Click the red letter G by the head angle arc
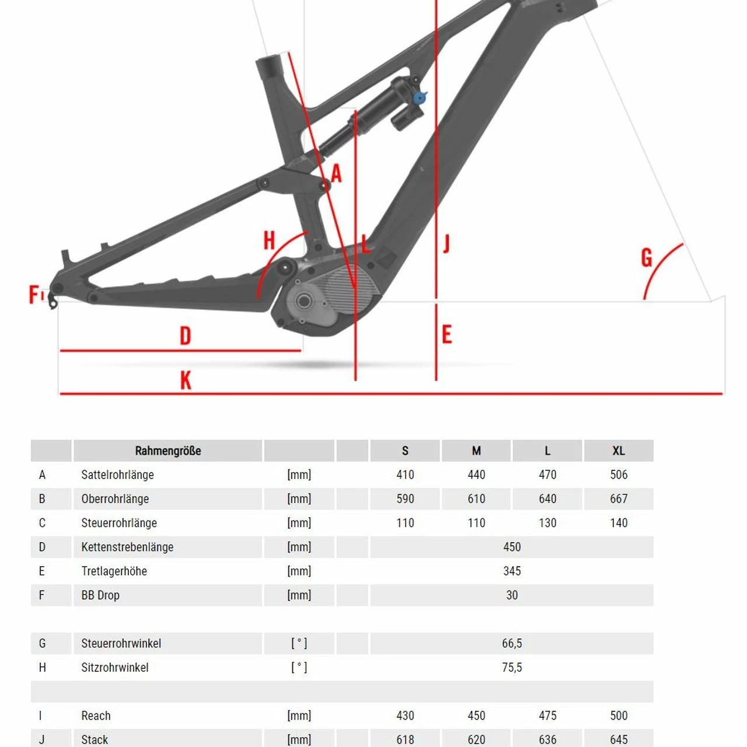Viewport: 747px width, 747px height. [647, 258]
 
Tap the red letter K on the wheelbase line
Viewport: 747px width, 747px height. [186, 380]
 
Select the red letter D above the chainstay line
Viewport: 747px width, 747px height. [185, 336]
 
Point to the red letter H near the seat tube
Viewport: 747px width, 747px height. [269, 240]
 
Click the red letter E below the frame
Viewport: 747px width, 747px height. [447, 335]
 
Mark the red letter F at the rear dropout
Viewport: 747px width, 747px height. [34, 294]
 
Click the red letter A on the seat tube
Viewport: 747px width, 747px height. [336, 174]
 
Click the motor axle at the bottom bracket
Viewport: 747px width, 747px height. [303, 301]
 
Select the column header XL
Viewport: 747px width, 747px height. [619, 451]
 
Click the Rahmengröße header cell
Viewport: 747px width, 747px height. [168, 451]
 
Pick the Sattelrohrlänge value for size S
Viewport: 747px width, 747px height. [405, 475]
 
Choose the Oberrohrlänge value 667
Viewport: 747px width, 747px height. [619, 499]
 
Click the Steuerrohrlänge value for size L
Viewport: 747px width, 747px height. [547, 523]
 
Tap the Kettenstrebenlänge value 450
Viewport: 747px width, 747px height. [512, 547]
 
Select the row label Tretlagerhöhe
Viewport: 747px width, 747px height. [114, 571]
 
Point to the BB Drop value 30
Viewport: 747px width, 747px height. [512, 595]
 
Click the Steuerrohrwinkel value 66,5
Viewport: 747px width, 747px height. [512, 644]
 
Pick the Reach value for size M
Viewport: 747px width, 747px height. [476, 715]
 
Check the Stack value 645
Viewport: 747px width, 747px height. [619, 739]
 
